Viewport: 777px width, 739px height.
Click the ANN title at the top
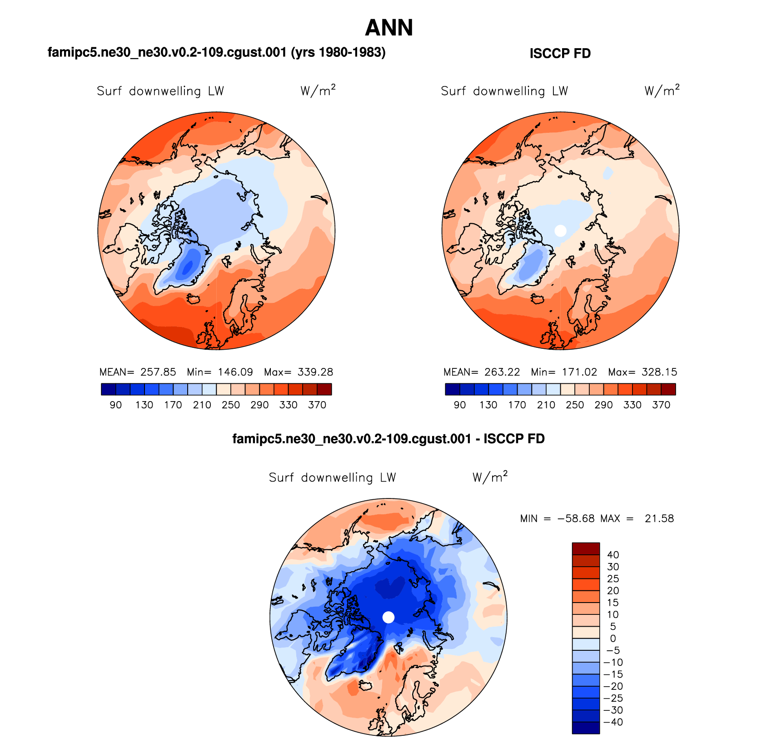(x=388, y=28)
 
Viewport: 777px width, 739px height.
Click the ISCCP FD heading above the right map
(x=560, y=54)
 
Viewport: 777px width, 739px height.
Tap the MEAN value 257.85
(x=158, y=372)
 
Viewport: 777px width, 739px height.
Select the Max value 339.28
(x=315, y=372)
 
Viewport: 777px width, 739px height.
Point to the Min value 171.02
(x=579, y=372)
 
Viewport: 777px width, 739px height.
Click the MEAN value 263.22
(x=502, y=372)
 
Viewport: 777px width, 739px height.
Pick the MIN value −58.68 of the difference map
(x=576, y=518)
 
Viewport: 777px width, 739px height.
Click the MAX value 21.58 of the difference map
(x=659, y=518)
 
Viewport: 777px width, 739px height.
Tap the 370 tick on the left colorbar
(x=317, y=405)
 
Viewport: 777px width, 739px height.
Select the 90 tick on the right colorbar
(x=459, y=405)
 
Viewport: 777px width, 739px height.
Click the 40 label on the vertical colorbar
(x=613, y=555)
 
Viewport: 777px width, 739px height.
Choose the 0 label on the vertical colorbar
(x=613, y=638)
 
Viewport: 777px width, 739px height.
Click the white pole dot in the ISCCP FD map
(x=561, y=231)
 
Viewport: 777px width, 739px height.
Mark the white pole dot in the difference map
(x=388, y=617)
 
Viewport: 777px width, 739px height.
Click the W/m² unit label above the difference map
(x=489, y=477)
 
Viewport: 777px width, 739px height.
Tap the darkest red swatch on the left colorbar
(x=324, y=389)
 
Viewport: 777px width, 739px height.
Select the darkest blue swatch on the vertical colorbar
(x=586, y=728)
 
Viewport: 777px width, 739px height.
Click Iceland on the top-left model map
(x=194, y=299)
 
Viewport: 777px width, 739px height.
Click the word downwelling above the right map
(x=508, y=91)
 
